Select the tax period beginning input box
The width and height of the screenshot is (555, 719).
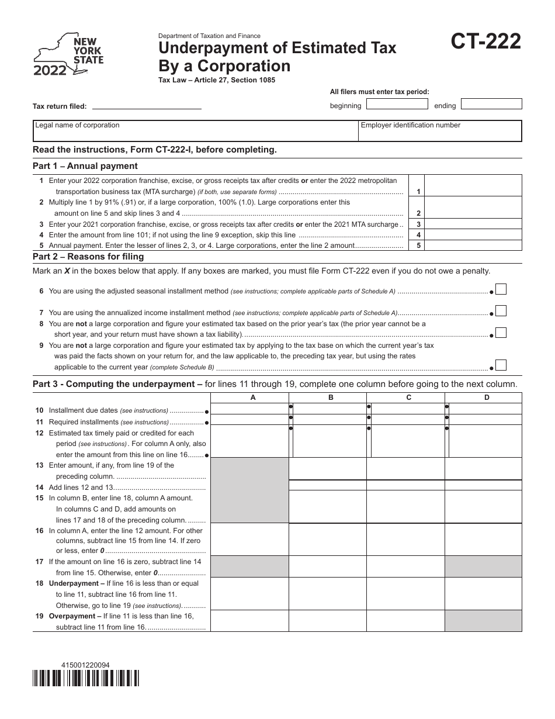[x=397, y=104]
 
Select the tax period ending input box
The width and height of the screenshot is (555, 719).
[x=491, y=104]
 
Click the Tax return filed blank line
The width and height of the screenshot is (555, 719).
[x=147, y=106]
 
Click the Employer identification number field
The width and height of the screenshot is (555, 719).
[x=439, y=131]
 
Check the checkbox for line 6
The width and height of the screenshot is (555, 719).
[x=501, y=289]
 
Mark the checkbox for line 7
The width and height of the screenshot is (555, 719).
[x=501, y=312]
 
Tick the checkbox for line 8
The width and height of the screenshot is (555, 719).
[x=501, y=333]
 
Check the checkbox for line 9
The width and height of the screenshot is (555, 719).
[x=501, y=365]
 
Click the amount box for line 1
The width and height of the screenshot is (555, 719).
[x=473, y=185]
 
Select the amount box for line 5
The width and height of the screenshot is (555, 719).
[x=473, y=246]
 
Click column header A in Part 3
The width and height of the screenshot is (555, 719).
[x=253, y=397]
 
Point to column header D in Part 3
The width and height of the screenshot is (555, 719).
[x=487, y=397]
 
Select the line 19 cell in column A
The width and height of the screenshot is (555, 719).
[x=249, y=621]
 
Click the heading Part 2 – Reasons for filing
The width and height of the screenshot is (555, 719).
[x=88, y=257]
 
